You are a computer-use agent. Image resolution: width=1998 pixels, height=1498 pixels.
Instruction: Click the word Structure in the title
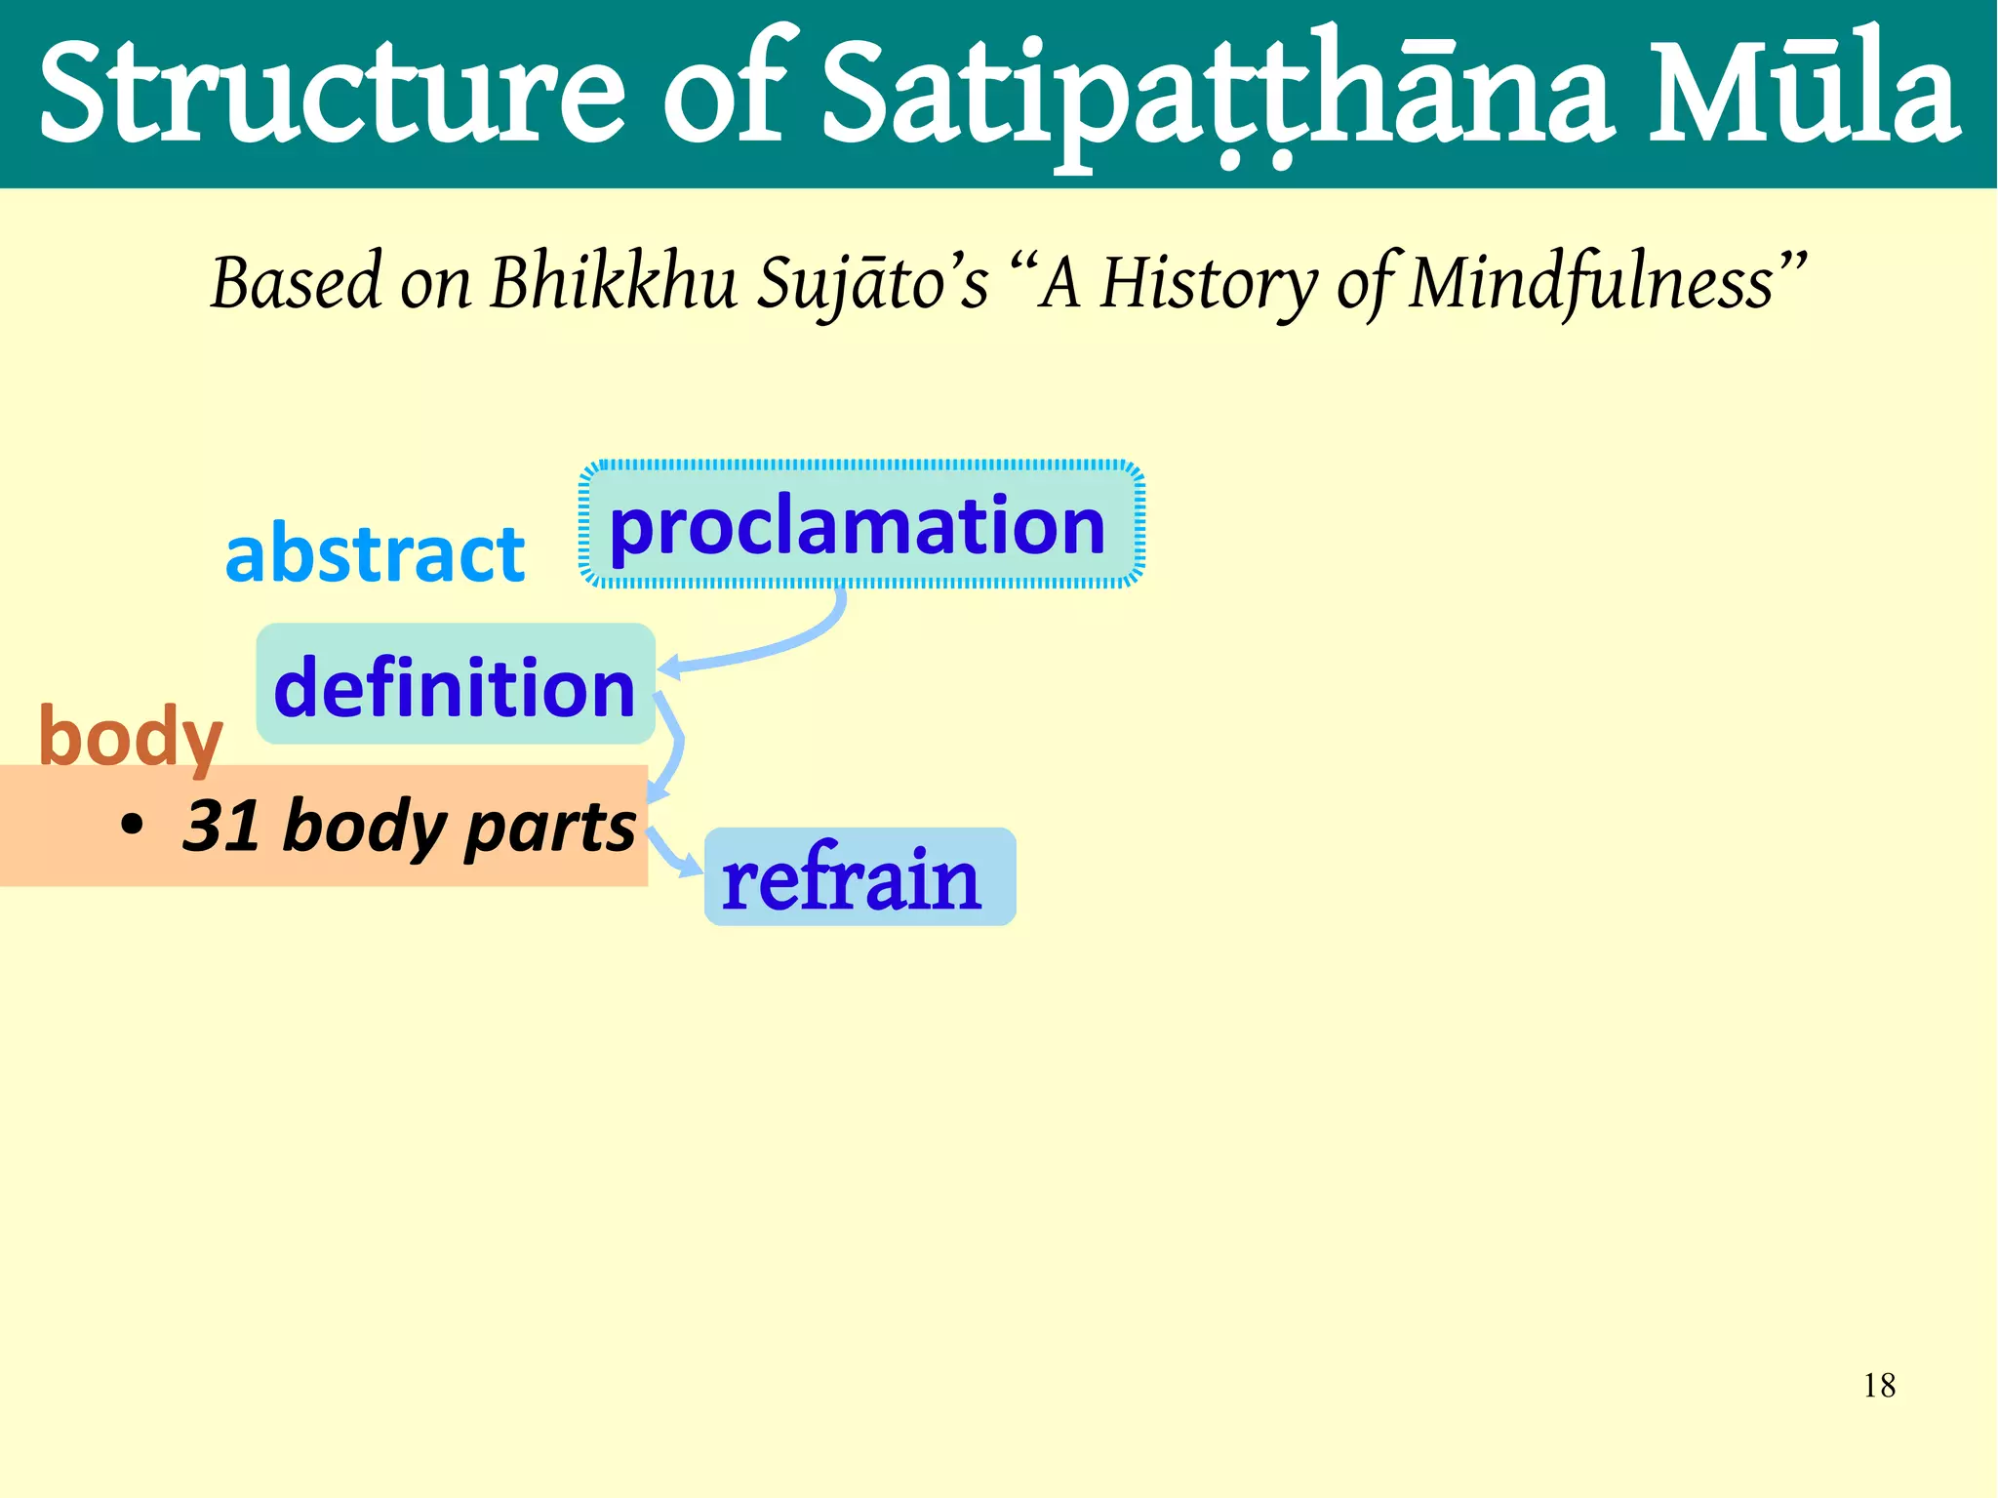(332, 93)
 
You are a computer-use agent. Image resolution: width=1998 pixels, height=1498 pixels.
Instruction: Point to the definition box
(455, 685)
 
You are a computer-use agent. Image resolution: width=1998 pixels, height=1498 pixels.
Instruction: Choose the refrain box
(859, 877)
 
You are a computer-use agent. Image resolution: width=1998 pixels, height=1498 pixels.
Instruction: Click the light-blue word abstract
(375, 553)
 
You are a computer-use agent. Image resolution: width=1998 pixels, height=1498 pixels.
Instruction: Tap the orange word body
(130, 737)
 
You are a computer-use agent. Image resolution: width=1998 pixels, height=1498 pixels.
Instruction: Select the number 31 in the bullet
(220, 826)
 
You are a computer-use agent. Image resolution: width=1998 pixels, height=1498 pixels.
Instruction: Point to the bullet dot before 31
(132, 826)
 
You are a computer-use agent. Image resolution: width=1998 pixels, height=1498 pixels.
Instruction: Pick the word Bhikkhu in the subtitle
(613, 283)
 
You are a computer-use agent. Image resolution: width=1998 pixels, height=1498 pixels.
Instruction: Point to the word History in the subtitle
(1210, 283)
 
